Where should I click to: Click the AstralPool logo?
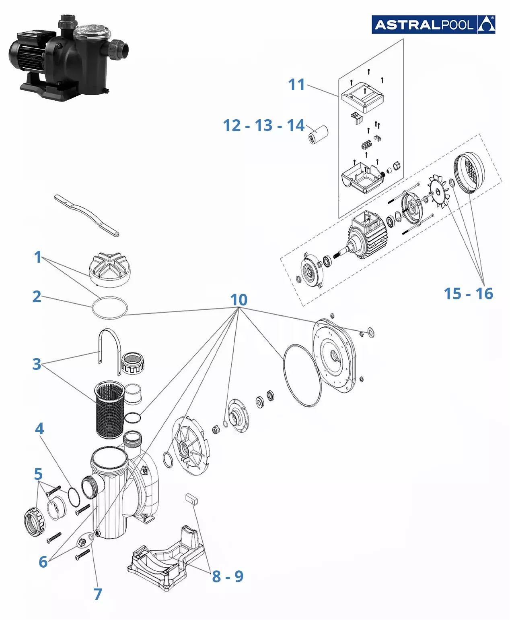433,25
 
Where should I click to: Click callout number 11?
297,85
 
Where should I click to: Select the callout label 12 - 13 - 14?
264,125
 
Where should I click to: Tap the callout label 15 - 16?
468,294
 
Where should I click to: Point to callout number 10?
239,300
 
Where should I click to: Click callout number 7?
98,594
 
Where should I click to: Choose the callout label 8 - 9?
228,576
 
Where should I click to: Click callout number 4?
39,429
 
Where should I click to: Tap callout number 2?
37,297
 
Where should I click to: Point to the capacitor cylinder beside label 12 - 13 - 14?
319,134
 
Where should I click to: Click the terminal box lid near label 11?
362,97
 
